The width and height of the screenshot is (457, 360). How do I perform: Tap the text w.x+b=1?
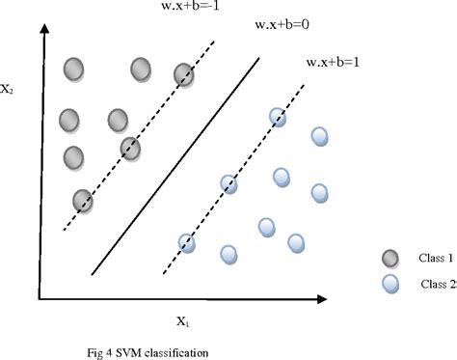(x=333, y=63)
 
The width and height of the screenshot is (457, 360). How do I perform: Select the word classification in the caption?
(x=178, y=350)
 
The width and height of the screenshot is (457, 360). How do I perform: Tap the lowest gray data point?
(x=84, y=200)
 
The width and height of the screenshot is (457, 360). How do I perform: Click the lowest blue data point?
(x=228, y=254)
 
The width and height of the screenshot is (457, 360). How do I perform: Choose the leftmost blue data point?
(x=187, y=243)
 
